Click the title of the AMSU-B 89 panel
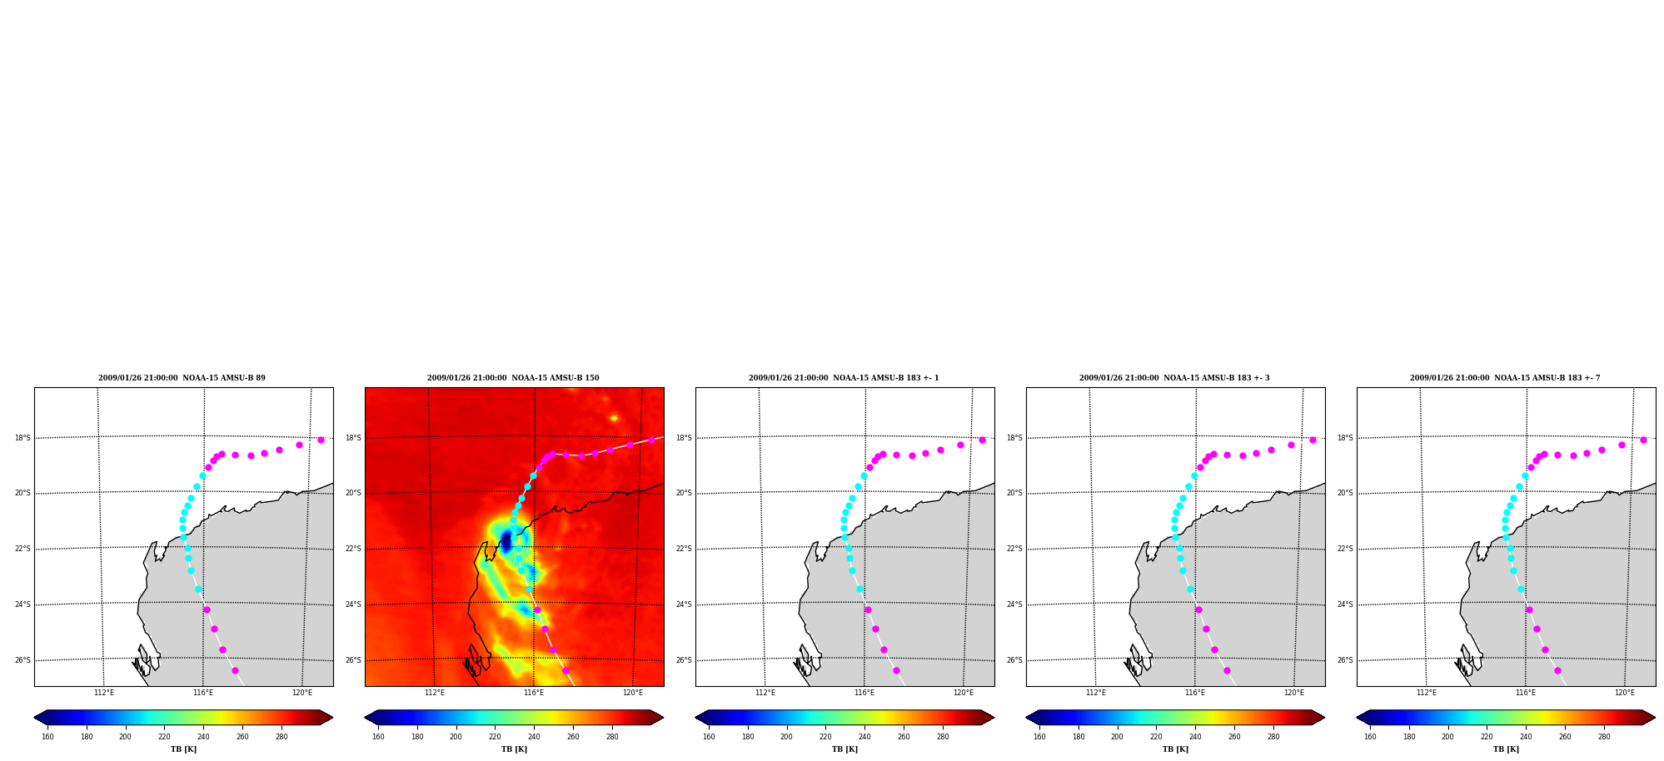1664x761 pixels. [x=182, y=378]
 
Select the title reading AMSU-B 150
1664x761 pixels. [x=513, y=378]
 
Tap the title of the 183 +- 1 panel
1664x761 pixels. [x=844, y=378]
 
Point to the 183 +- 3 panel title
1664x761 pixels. [x=1174, y=378]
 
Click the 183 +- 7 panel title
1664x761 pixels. [x=1505, y=378]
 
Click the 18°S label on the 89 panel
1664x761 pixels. [x=22, y=438]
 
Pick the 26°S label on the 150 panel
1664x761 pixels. [x=353, y=660]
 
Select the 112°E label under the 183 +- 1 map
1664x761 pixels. [x=765, y=693]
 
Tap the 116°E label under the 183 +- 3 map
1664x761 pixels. [x=1195, y=693]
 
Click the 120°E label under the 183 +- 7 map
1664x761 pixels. [x=1625, y=693]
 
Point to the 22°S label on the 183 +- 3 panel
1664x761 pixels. [x=1014, y=549]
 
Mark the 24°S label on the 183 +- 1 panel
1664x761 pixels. [x=684, y=604]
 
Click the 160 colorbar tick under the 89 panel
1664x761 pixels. [x=47, y=737]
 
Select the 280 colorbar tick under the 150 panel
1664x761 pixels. [x=612, y=737]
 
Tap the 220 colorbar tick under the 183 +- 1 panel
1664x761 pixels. [x=825, y=737]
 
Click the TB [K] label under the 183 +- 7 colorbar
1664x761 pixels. [x=1506, y=749]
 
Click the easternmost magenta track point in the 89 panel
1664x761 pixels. [x=321, y=440]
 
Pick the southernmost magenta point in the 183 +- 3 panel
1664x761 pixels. [x=1227, y=670]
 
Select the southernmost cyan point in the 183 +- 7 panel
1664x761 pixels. [x=1521, y=589]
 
